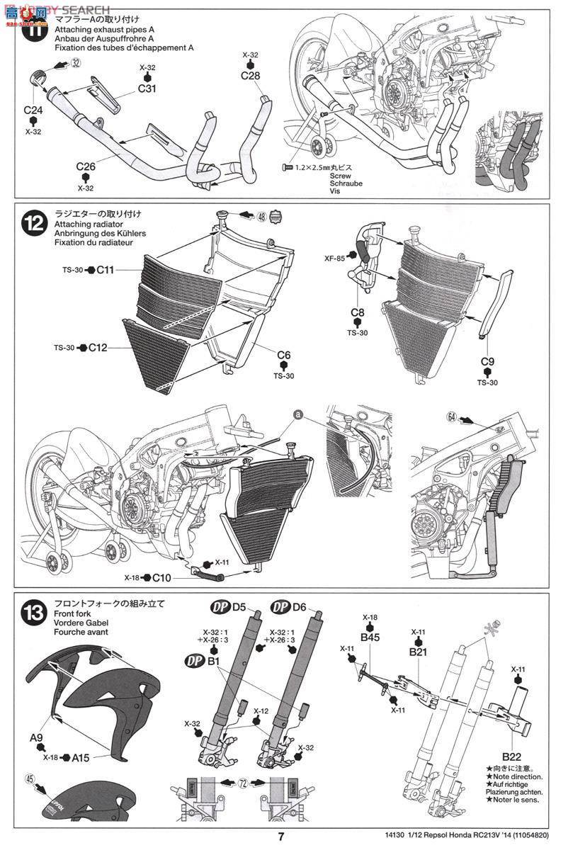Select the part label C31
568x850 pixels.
click(x=147, y=89)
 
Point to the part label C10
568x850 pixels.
click(x=161, y=577)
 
